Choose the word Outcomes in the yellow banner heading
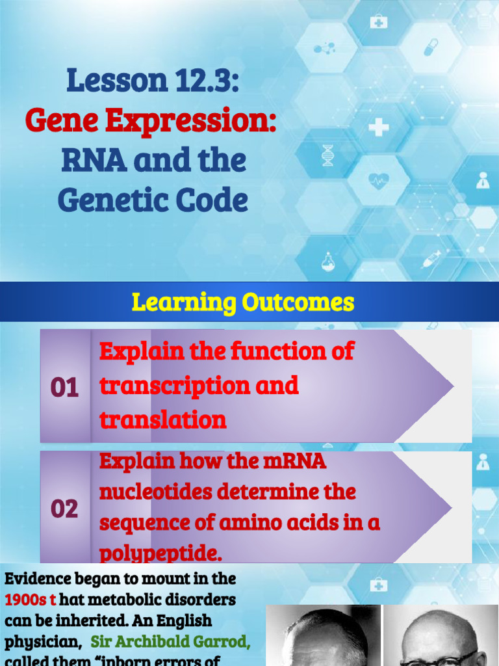pyautogui.click(x=298, y=302)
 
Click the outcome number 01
pyautogui.click(x=64, y=388)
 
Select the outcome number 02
pyautogui.click(x=64, y=509)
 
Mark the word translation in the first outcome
pyautogui.click(x=162, y=420)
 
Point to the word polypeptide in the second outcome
pyautogui.click(x=159, y=553)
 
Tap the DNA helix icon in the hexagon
pyautogui.click(x=327, y=155)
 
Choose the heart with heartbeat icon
pyautogui.click(x=378, y=180)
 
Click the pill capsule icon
pyautogui.click(x=431, y=47)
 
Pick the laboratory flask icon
pyautogui.click(x=327, y=261)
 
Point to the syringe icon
pyautogui.click(x=431, y=259)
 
